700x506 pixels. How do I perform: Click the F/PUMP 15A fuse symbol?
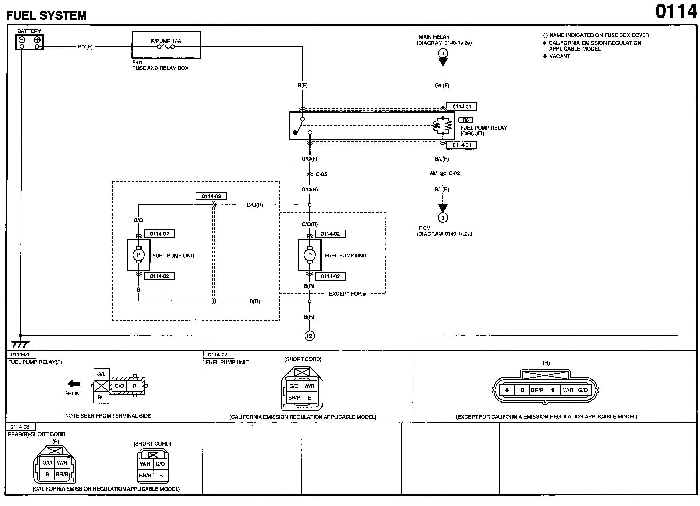point(166,47)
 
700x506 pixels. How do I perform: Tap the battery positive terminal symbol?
point(37,40)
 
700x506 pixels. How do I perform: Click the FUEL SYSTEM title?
point(46,15)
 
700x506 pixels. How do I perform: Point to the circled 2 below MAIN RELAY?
point(443,53)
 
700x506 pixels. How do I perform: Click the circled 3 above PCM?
point(443,218)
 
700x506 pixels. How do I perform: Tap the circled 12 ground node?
point(309,336)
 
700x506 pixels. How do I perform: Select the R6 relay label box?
point(465,120)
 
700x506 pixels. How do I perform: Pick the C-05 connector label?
point(321,174)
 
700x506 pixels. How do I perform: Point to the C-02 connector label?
point(454,173)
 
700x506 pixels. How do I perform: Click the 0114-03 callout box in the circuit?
point(211,196)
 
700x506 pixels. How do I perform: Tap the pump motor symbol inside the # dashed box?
point(138,255)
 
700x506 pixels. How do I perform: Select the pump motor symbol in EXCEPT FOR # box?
point(309,255)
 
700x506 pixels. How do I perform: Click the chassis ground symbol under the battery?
point(20,344)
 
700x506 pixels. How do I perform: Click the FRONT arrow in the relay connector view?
point(74,384)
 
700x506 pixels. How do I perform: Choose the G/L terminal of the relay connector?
point(101,374)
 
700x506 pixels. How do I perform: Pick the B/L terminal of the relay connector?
point(101,397)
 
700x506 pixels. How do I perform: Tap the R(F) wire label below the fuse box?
point(302,85)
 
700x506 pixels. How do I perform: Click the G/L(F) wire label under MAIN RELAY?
point(442,85)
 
